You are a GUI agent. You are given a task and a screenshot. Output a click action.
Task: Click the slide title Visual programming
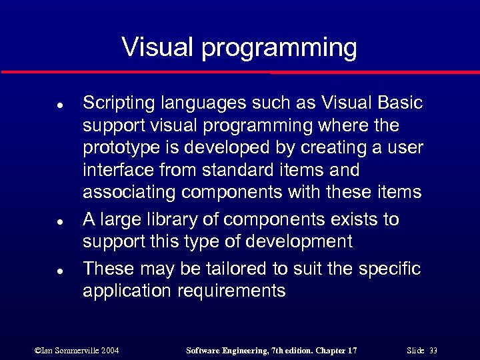[239, 47]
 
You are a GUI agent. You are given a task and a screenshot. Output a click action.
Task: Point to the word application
[123, 291]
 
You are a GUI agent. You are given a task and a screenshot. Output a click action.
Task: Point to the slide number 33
[433, 350]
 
